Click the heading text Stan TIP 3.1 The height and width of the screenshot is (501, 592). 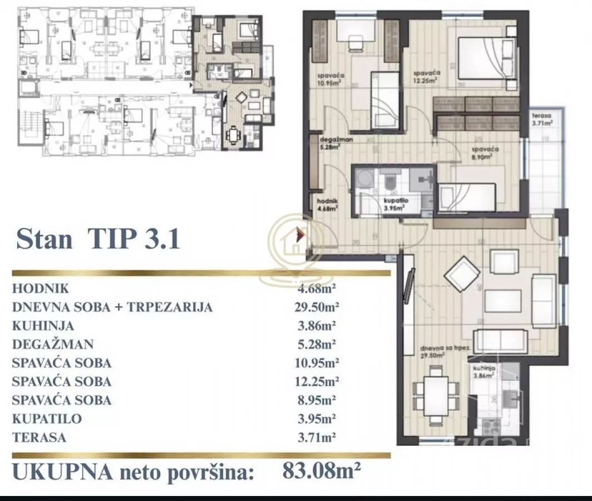click(98, 239)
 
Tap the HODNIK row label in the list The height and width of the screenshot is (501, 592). click(40, 288)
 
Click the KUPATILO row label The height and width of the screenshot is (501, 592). click(47, 419)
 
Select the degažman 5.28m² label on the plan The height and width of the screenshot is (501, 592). click(334, 144)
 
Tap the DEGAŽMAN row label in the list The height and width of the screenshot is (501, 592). click(53, 345)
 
